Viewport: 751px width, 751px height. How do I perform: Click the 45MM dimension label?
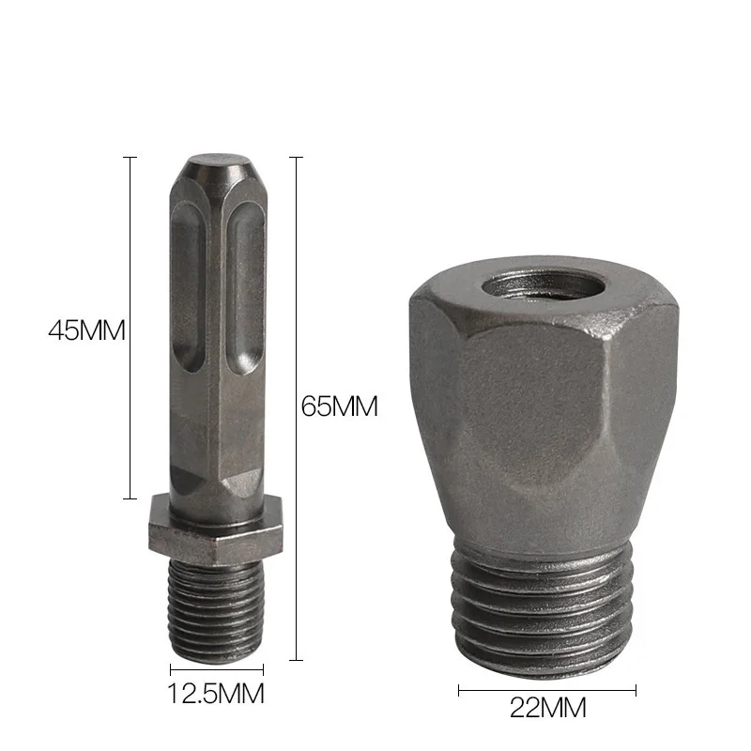[x=86, y=330]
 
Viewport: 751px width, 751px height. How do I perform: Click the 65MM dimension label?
[x=339, y=406]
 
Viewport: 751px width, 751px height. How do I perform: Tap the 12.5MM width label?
[x=216, y=695]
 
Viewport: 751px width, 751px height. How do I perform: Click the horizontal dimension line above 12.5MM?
[x=216, y=669]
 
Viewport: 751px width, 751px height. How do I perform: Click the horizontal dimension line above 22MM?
[x=547, y=690]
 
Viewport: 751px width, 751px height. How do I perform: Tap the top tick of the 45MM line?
[x=130, y=158]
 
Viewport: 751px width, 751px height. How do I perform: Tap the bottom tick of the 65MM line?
[x=297, y=660]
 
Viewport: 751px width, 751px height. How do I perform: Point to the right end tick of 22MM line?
[x=636, y=690]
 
